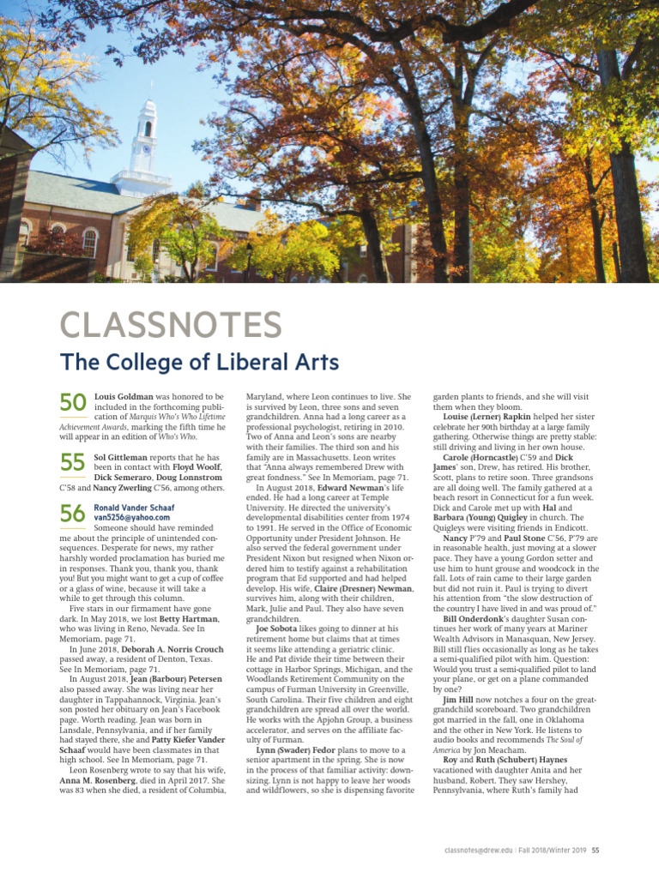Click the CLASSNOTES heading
coord(170,326)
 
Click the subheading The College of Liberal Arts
coord(199,362)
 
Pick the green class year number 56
coord(73,514)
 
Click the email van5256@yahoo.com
coord(132,518)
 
